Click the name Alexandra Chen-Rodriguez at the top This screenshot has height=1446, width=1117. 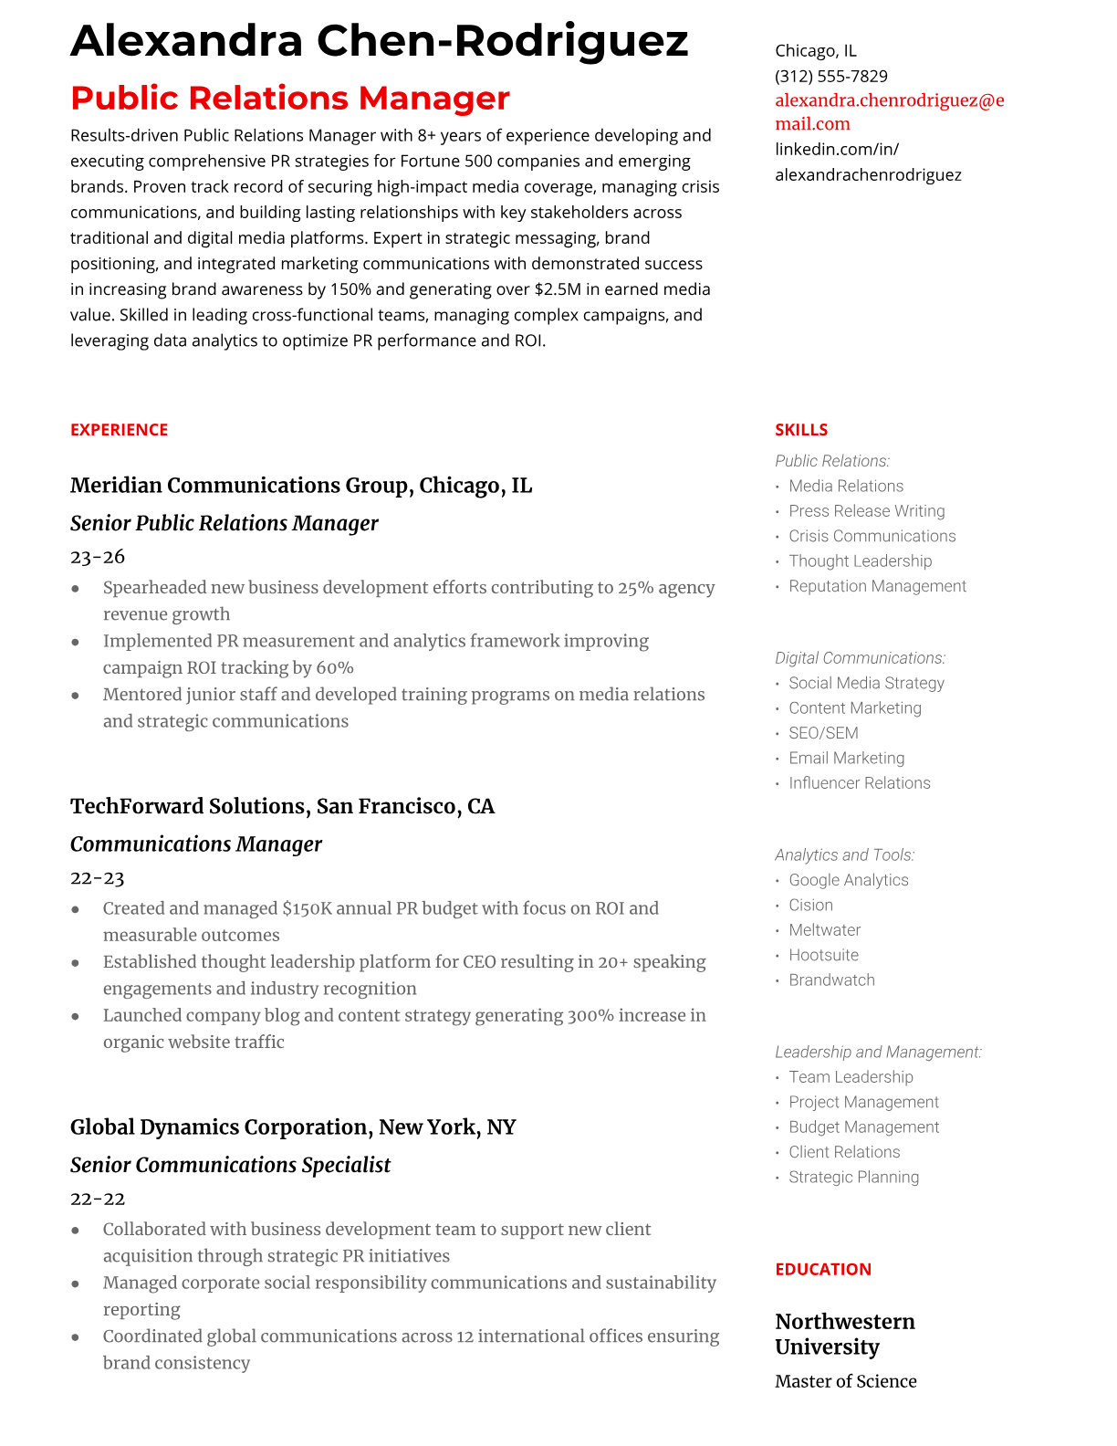coord(379,41)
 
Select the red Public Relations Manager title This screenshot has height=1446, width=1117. coord(289,98)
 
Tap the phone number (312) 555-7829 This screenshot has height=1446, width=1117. coord(830,76)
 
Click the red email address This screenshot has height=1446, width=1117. coord(889,111)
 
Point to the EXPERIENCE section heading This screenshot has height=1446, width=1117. coord(119,430)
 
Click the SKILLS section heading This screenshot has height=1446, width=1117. coord(800,430)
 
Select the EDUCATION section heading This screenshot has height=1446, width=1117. coord(822,1269)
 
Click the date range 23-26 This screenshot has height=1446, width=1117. coord(98,557)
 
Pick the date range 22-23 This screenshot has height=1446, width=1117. coord(97,878)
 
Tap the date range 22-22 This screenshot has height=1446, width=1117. coord(98,1199)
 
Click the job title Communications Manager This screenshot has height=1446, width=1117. coord(196,844)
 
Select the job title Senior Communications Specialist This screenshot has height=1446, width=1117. coord(230,1165)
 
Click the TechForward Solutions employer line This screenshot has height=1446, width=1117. coord(282,806)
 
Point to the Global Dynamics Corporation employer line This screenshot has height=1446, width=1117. coord(293,1127)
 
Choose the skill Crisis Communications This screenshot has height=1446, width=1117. coord(872,536)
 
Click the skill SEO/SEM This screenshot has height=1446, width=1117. coord(823,733)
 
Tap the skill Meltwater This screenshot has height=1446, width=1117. coord(824,930)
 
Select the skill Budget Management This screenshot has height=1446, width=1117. coord(863,1127)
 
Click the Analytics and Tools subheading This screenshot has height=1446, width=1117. coord(844,855)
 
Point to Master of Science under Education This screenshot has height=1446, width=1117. coord(845,1381)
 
